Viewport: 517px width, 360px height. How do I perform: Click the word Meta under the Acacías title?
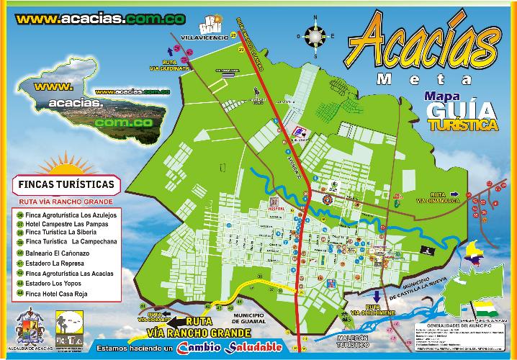[x=425, y=78]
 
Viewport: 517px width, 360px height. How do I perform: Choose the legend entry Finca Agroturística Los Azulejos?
[x=70, y=215]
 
